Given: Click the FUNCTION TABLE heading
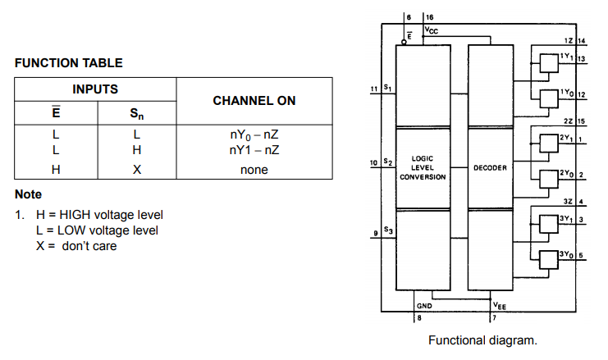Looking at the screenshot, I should tap(69, 62).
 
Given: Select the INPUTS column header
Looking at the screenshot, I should tap(95, 89).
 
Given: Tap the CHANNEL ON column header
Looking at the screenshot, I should tap(254, 100).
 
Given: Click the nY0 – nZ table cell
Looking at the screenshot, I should tap(254, 133).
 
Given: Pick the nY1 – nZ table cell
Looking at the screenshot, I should tap(254, 150).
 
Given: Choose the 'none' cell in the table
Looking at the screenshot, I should tap(254, 171).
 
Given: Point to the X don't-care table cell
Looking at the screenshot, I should tap(137, 171).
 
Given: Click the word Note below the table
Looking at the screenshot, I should tap(28, 195).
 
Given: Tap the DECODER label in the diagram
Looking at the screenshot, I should tap(490, 168).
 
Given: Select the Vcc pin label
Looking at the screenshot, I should tap(432, 31).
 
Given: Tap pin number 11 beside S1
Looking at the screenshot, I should tap(374, 88).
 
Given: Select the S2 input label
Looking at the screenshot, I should tap(388, 162).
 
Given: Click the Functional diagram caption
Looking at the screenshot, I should tap(482, 339).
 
